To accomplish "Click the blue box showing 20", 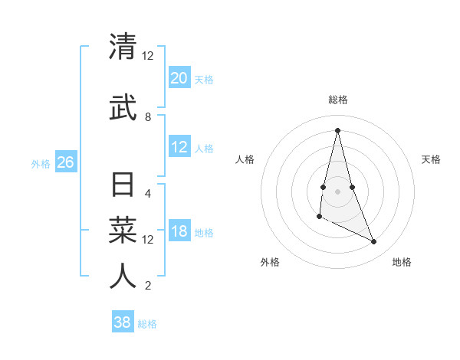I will pos(179,78).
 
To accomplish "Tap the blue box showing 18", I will pos(179,232).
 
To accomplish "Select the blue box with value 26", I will pos(66,162).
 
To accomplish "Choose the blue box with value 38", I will pos(123,322).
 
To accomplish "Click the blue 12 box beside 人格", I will pos(179,148).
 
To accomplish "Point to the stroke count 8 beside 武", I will pos(148,117).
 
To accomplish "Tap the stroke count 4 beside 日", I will pos(148,193).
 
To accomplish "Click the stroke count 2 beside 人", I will pos(148,286).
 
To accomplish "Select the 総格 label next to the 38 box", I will pos(147,324).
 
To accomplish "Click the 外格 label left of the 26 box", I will pos(41,164).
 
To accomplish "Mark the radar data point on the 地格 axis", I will pos(374,242).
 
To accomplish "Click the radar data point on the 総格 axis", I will pos(337,129).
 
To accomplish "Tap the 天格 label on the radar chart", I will pos(432,159).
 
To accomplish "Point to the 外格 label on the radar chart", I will pos(270,262).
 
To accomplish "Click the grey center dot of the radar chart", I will pos(337,191).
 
